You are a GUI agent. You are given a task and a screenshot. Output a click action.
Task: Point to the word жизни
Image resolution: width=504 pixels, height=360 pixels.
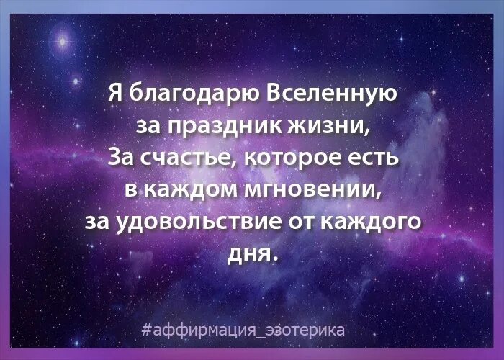(328, 125)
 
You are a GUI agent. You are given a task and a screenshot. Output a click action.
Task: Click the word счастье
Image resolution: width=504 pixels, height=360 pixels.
(189, 158)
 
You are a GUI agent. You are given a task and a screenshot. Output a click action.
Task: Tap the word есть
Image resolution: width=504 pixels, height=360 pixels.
(373, 158)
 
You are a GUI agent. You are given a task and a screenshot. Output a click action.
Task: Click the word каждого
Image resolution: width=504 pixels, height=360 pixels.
(370, 222)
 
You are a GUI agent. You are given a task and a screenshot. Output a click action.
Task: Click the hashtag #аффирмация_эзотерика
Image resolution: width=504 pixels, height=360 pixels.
(243, 330)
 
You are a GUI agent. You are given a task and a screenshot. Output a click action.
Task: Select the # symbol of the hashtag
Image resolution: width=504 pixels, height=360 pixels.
(147, 330)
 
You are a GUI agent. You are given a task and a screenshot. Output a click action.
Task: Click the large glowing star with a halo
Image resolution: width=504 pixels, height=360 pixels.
(63, 42)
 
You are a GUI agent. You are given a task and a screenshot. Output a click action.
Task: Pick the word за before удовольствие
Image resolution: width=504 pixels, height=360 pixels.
(98, 222)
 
